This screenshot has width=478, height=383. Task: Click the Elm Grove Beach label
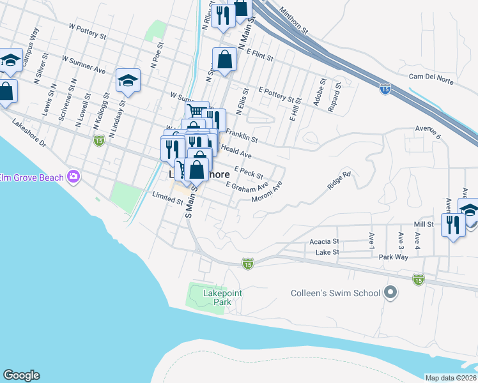(32, 176)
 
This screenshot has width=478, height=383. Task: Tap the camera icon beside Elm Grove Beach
(73, 176)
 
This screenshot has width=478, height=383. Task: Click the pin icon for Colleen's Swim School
(391, 294)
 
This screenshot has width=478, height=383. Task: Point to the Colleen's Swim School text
(335, 294)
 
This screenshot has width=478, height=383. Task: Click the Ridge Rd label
(338, 179)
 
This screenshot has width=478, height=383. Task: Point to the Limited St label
(168, 199)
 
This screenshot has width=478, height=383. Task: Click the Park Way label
(392, 257)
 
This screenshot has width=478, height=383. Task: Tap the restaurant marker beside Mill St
(452, 225)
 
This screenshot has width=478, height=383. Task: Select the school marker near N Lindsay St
(128, 80)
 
